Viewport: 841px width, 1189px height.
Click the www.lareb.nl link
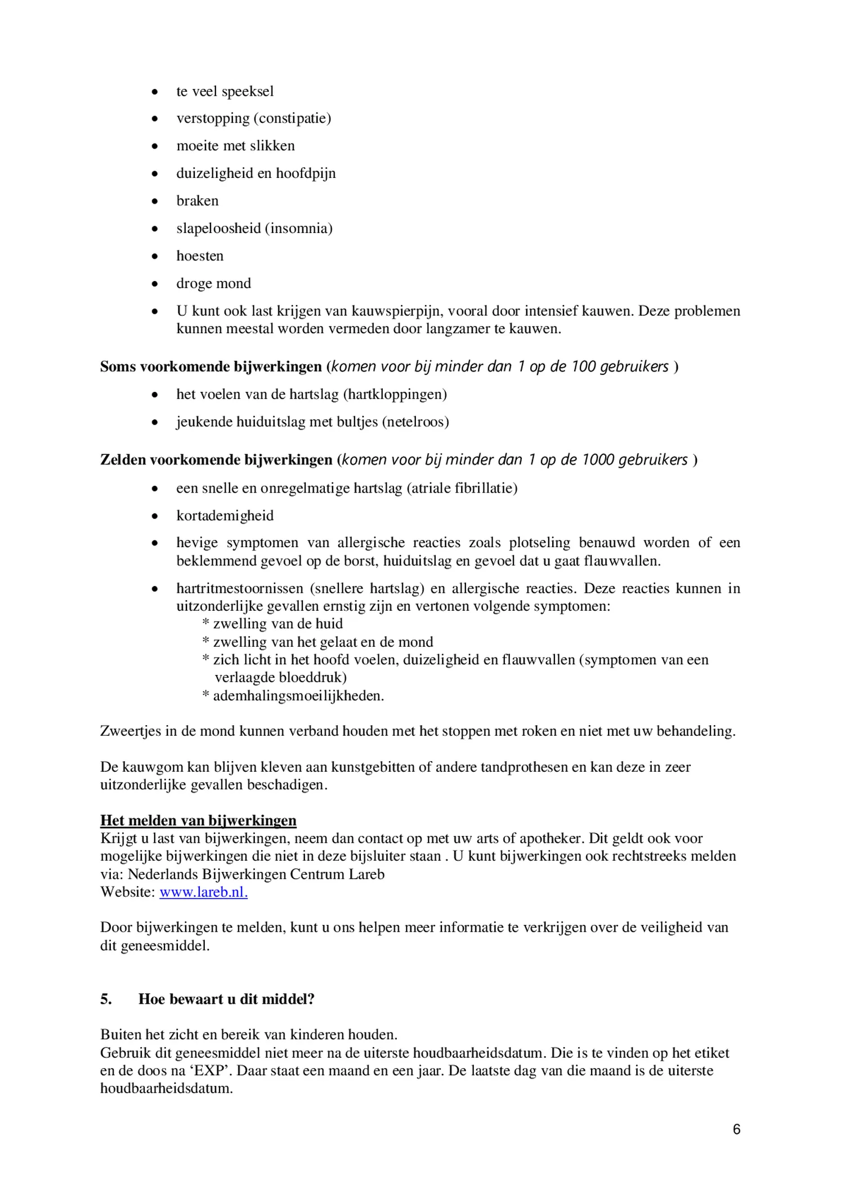(x=203, y=892)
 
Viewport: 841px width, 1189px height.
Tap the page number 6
(x=736, y=1129)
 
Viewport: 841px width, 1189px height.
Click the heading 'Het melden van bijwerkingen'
(x=198, y=820)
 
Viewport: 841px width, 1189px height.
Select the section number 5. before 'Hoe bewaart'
(x=106, y=999)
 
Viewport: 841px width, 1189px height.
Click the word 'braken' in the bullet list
(x=197, y=201)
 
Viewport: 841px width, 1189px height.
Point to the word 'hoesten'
(x=200, y=256)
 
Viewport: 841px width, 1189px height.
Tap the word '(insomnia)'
(x=298, y=229)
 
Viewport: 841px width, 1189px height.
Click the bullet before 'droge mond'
(x=155, y=284)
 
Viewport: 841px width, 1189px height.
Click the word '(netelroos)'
(x=415, y=422)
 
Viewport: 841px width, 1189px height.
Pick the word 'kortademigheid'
(x=225, y=516)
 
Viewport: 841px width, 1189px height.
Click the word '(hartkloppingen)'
(x=395, y=394)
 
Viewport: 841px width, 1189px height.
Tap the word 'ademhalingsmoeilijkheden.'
(x=298, y=696)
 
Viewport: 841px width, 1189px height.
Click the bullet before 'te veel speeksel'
(x=155, y=92)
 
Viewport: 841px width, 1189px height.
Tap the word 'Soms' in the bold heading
(x=118, y=366)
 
